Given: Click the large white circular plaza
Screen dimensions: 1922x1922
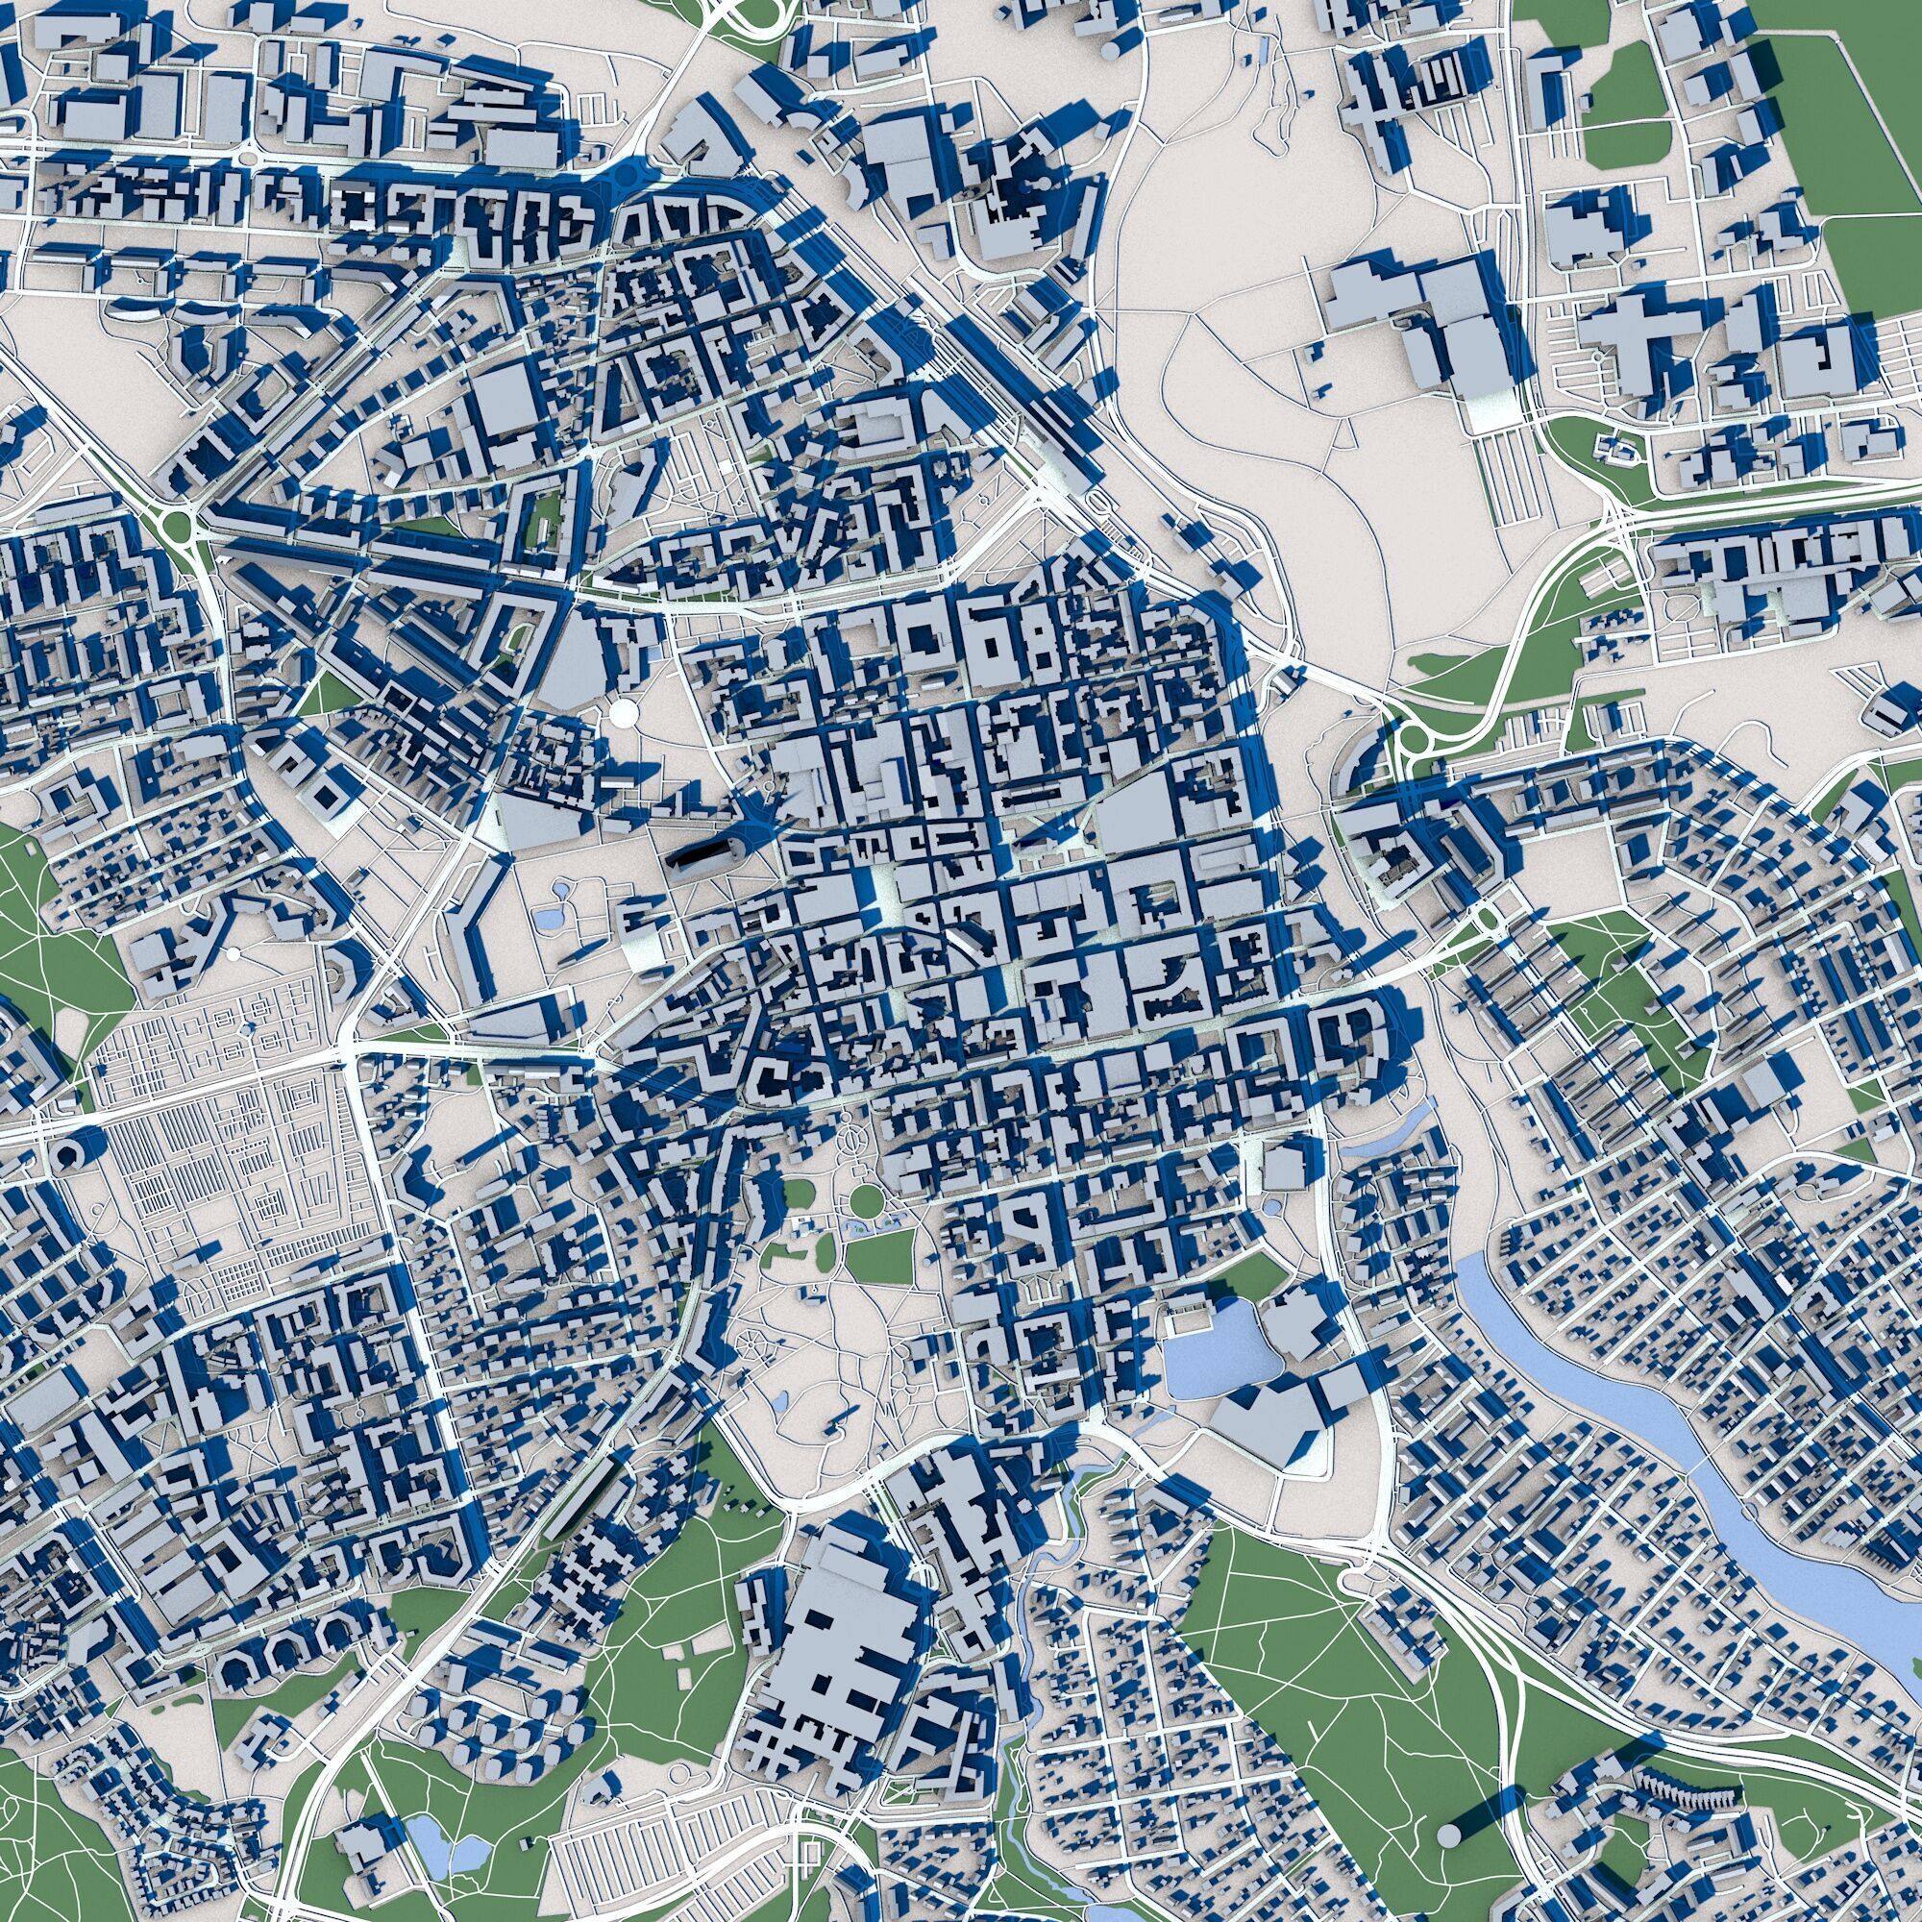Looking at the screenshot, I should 625,711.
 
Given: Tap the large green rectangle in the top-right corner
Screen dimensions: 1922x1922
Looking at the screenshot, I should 1840,149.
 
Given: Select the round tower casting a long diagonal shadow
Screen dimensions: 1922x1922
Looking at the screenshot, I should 1449,1833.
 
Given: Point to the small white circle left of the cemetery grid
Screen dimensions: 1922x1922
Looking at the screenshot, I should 233,954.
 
